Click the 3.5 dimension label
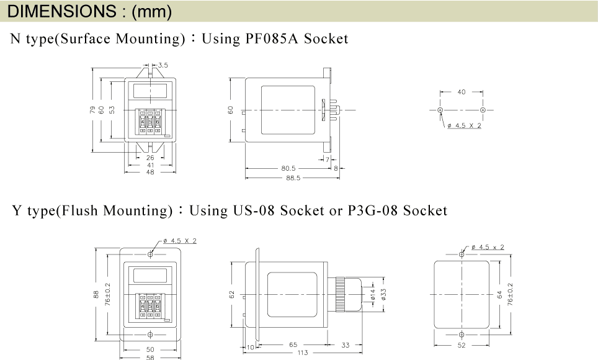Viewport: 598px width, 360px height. [x=163, y=65]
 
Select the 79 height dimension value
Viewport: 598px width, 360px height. [x=92, y=110]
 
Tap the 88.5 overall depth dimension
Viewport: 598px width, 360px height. [x=293, y=178]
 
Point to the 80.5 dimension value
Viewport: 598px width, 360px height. [x=288, y=168]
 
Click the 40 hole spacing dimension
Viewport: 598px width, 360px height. [x=462, y=92]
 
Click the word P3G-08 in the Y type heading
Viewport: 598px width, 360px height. [x=373, y=211]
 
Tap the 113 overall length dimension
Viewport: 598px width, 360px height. [x=303, y=353]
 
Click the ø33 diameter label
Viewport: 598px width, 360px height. [x=383, y=294]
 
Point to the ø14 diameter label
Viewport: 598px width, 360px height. [x=373, y=294]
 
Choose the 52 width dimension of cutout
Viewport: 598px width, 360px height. [x=462, y=345]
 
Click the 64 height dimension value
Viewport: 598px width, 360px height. [x=500, y=295]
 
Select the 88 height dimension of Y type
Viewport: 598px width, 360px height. [x=96, y=294]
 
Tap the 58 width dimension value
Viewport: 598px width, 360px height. [x=150, y=358]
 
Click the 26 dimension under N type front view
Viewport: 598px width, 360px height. [x=150, y=158]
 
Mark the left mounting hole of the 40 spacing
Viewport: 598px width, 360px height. [x=440, y=110]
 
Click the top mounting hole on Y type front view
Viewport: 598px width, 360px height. [x=150, y=254]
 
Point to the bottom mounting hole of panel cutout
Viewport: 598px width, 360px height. [x=462, y=335]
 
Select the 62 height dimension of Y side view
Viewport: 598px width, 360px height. [x=232, y=295]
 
